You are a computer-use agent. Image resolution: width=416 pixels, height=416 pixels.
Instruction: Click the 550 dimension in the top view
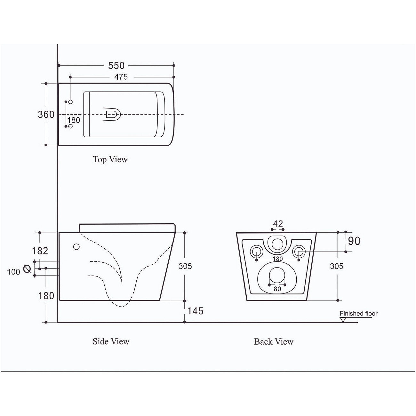[x=116, y=66]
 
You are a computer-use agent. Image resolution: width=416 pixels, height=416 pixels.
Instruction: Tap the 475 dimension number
[x=121, y=77]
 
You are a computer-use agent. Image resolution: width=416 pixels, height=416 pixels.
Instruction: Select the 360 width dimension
[x=46, y=115]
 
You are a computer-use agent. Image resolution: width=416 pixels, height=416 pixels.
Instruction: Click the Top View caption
[x=110, y=160]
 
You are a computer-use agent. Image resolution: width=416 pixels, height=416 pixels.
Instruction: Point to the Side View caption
[x=111, y=341]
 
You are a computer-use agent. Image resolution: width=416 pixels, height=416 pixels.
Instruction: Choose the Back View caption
[x=274, y=342]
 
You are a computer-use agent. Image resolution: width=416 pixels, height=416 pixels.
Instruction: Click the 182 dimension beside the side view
[x=40, y=251]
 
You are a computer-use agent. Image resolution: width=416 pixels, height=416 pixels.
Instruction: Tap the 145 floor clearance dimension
[x=196, y=311]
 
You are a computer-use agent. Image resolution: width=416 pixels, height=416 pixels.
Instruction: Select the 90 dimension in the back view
[x=354, y=241]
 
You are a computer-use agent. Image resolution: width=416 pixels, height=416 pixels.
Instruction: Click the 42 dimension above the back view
[x=278, y=224]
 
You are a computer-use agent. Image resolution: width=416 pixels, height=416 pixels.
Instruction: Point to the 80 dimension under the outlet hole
[x=277, y=289]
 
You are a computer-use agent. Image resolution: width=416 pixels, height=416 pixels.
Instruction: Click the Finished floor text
[x=359, y=314]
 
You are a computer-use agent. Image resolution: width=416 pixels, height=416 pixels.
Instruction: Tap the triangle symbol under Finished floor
[x=343, y=320]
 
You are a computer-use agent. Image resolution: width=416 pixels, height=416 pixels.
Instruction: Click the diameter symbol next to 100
[x=27, y=269]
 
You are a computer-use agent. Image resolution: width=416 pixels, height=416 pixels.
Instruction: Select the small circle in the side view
[x=76, y=247]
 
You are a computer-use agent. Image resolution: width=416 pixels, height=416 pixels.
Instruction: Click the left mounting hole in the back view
[x=256, y=252]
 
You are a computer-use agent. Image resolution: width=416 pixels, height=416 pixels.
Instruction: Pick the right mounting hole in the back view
[x=299, y=252]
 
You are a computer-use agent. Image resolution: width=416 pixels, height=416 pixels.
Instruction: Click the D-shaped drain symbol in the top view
[x=111, y=114]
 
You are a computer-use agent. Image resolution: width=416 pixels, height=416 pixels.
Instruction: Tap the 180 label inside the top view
[x=74, y=120]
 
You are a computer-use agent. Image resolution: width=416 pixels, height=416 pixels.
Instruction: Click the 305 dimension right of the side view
[x=185, y=266]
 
